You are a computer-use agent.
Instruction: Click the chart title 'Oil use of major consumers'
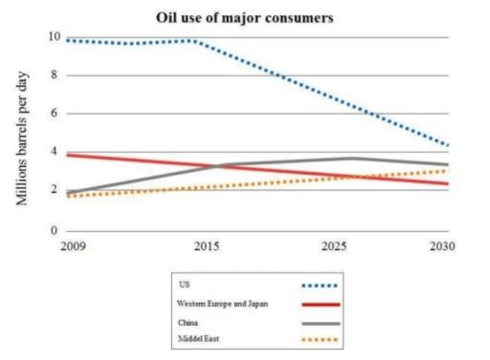click(245, 18)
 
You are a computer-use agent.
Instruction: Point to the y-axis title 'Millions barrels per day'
click(23, 138)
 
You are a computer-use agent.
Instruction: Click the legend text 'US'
click(183, 285)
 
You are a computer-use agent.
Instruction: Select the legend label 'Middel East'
click(197, 339)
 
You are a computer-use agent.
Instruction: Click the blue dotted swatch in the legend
click(320, 286)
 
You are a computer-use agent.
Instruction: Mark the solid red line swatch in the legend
click(320, 305)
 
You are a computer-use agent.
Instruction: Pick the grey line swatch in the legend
click(320, 323)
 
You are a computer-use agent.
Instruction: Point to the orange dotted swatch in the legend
click(320, 340)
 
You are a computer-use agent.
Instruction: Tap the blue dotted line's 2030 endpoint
click(448, 145)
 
